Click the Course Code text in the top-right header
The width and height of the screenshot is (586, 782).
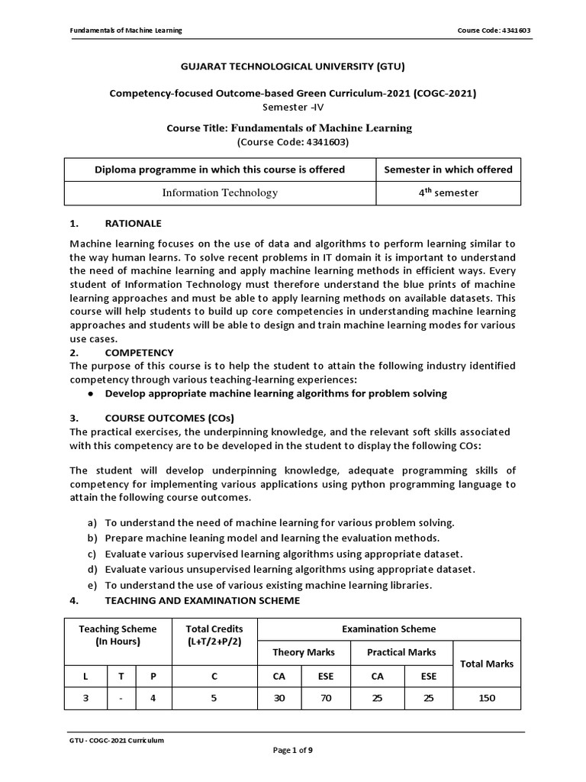pos(494,31)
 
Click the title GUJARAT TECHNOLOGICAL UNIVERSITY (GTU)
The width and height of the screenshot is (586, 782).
pos(292,66)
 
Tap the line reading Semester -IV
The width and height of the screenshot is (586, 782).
pos(292,107)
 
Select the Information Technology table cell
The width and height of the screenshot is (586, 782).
pos(220,192)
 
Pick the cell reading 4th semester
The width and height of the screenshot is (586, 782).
pos(448,192)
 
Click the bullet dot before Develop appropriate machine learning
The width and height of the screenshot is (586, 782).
pos(91,394)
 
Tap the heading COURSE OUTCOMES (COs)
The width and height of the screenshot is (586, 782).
pos(169,418)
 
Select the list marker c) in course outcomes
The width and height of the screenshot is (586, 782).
pos(92,554)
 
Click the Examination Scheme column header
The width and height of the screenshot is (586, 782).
pos(389,629)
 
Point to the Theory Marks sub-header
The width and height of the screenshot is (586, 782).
pos(304,652)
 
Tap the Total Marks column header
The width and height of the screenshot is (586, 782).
pos(487,664)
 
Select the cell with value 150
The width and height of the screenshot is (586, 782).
pos(487,698)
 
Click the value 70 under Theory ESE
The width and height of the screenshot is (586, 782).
pos(326,698)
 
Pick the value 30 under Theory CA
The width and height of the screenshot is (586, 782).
pos(281,698)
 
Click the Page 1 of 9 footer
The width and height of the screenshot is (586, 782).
pos(292,751)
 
